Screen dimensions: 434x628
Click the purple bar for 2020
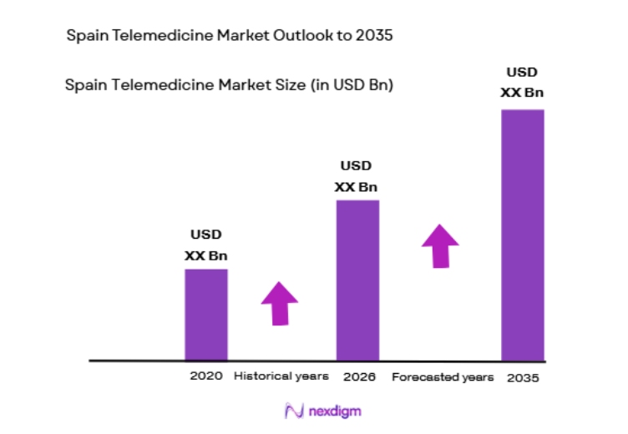(205, 314)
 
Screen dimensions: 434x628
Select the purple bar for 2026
(357, 280)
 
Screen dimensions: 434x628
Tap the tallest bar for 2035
(522, 235)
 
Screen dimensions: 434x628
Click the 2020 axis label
(206, 376)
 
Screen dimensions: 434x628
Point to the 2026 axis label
(359, 376)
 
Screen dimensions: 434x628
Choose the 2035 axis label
(523, 377)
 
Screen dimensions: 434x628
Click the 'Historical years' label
(281, 376)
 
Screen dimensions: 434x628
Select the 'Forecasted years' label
(443, 377)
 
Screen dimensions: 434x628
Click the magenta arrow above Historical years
(280, 302)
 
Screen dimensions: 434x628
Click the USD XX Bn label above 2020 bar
(206, 245)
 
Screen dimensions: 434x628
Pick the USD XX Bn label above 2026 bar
(357, 176)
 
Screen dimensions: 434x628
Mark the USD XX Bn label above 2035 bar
(522, 82)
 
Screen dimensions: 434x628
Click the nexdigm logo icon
(293, 411)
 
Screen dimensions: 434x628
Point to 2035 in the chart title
(375, 36)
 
